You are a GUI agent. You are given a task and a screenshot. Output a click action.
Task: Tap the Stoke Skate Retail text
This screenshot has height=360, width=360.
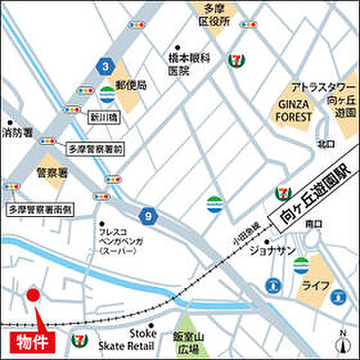click(x=126, y=339)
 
